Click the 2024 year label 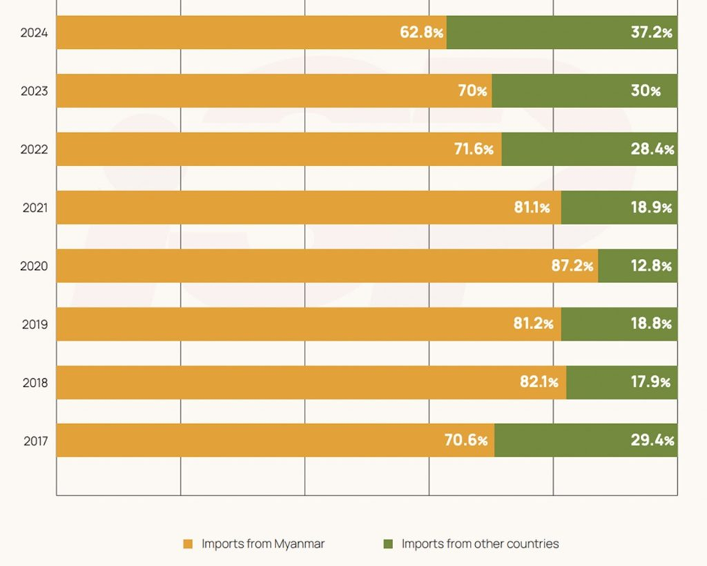[34, 33]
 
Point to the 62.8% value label [421, 33]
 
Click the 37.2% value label [651, 33]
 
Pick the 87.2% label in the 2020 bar [572, 266]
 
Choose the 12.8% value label [651, 266]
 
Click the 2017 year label [35, 440]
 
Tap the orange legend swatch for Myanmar [188, 544]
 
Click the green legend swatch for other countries [388, 544]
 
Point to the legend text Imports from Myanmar [262, 544]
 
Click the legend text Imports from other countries [480, 544]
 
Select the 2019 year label [34, 324]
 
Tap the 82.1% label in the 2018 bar [539, 382]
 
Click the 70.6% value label [466, 440]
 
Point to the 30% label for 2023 [645, 91]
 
